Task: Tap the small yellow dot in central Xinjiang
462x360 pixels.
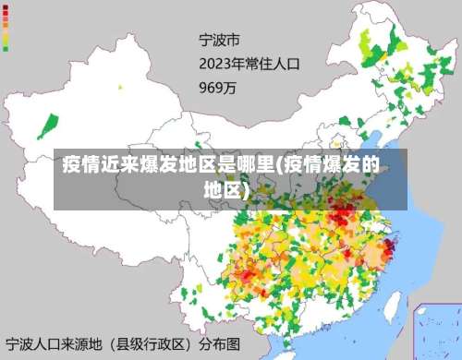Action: point(119,88)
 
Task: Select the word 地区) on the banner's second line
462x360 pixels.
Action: point(227,190)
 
